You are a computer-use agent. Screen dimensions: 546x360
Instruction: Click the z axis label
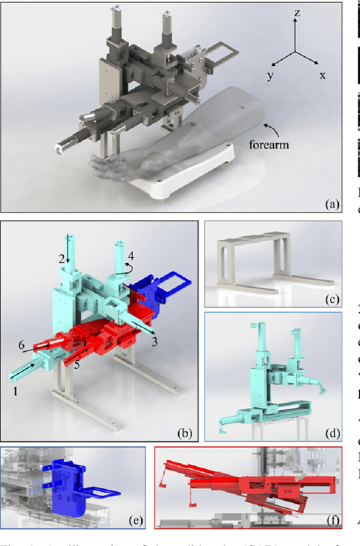[296, 13]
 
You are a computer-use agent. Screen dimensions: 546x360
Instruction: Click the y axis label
[271, 75]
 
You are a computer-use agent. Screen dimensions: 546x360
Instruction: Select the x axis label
[322, 75]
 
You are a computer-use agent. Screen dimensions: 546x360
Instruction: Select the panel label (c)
[330, 298]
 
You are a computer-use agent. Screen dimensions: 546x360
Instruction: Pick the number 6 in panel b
[21, 345]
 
